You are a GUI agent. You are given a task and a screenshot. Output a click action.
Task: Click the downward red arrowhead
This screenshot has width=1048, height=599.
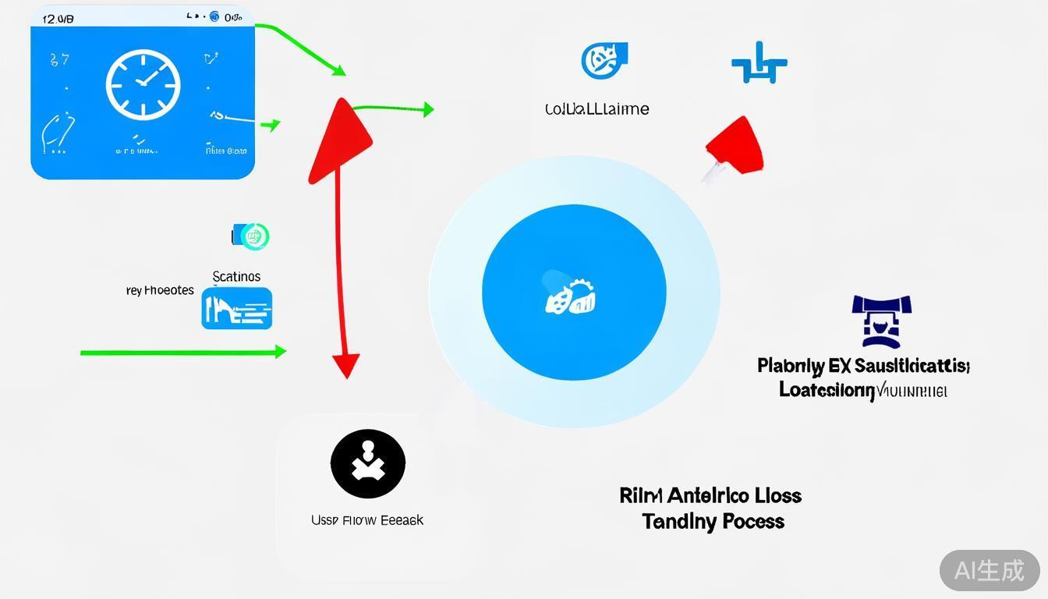(x=345, y=365)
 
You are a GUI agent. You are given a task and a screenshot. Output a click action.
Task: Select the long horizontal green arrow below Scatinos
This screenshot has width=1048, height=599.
(x=183, y=353)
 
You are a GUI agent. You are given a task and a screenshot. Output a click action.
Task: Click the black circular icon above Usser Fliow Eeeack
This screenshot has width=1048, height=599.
(x=368, y=464)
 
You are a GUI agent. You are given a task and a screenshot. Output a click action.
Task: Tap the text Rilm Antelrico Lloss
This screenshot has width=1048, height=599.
(x=710, y=495)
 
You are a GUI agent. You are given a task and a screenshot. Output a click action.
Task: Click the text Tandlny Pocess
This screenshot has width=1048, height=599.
(x=713, y=521)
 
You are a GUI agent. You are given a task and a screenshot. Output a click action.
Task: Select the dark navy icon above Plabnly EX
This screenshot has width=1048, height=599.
(x=882, y=321)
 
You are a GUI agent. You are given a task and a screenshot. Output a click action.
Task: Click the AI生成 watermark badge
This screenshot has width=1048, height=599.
(x=989, y=570)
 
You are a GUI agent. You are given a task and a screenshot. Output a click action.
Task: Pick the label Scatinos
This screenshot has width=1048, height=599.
(x=236, y=276)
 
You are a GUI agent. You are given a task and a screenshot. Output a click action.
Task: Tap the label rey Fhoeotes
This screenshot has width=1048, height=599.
(x=160, y=290)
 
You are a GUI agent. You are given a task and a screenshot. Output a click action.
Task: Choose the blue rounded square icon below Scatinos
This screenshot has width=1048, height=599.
(x=237, y=308)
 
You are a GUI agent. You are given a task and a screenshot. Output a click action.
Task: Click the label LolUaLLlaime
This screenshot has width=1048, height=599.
(x=597, y=109)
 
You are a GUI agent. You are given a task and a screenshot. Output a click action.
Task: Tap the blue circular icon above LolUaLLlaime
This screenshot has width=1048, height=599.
(x=604, y=60)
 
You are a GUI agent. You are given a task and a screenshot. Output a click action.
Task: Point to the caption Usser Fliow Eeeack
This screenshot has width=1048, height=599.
(x=367, y=520)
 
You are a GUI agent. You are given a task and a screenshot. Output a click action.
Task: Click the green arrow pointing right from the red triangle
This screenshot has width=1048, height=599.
(x=394, y=108)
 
